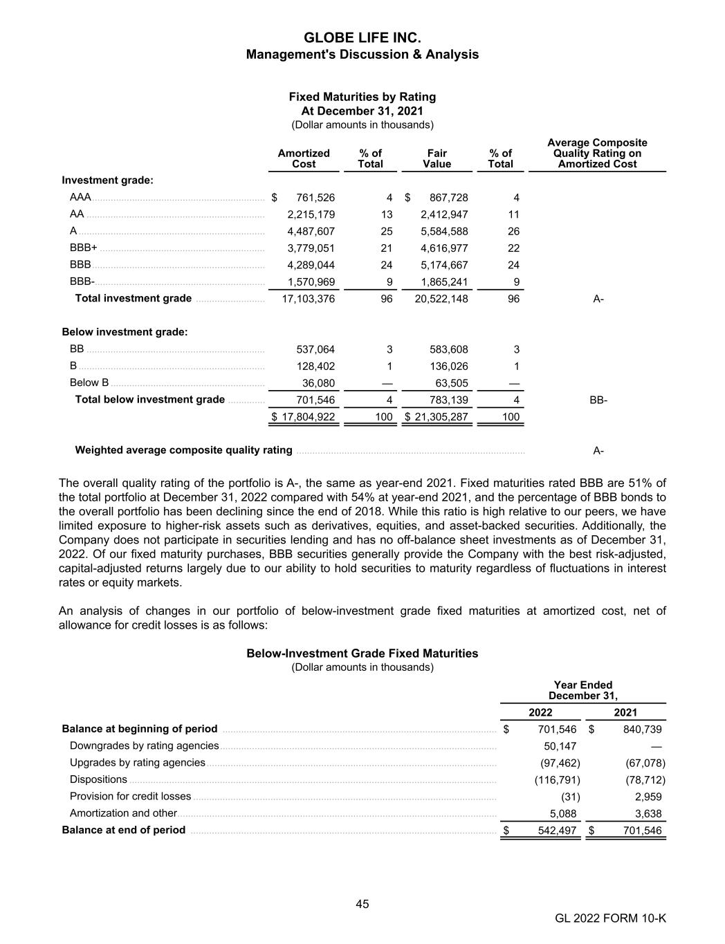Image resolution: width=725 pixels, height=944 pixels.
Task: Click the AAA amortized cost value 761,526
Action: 315,198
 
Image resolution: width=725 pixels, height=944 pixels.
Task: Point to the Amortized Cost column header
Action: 304,158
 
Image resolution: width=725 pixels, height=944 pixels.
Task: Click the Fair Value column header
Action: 437,158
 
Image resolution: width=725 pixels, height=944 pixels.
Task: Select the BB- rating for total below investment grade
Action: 598,400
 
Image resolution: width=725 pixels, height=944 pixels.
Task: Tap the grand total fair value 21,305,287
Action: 441,417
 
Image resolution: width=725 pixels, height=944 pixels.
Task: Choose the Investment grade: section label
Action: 107,181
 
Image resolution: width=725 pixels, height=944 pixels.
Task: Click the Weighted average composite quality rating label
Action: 183,450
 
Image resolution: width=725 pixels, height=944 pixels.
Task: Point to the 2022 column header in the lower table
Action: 540,712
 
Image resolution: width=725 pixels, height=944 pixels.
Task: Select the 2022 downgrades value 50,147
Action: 560,746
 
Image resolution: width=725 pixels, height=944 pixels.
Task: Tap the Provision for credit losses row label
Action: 130,797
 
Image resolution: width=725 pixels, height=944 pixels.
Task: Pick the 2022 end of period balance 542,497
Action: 557,831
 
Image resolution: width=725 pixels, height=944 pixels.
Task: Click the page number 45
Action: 362,904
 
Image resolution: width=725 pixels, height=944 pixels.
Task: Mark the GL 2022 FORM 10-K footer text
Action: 610,918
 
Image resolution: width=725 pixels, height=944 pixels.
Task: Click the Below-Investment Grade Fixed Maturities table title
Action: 362,654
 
